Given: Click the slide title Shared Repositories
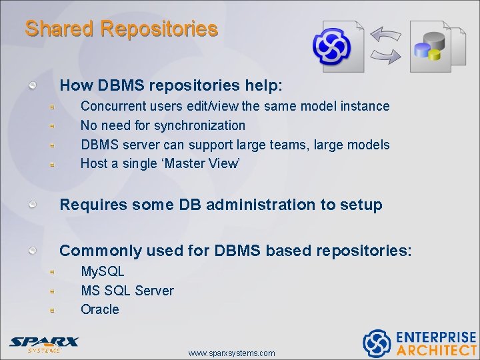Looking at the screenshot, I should point(121,29).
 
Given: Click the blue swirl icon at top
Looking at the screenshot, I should point(333,46).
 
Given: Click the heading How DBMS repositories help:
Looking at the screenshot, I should point(171,86).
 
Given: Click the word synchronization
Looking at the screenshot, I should point(199,125).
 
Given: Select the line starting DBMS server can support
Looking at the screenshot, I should point(235,145).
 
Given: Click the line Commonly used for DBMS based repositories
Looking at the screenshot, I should point(235,251).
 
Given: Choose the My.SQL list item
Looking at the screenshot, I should point(102,271).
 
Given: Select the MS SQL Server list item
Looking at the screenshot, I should point(127,291).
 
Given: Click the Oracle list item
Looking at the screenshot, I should point(99,309).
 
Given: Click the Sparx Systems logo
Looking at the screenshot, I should point(44,343).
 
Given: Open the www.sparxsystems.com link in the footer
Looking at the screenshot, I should point(231,353).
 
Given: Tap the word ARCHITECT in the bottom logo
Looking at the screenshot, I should point(437,350).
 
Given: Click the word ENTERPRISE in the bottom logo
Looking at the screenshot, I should point(436,337).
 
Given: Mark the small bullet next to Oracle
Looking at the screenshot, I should point(51,310).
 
